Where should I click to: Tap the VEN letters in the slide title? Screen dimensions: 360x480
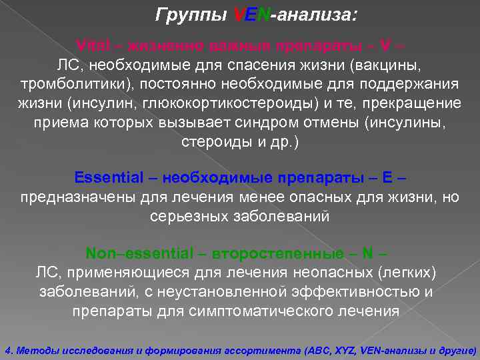(251, 13)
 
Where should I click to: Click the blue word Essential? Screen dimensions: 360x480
(109, 179)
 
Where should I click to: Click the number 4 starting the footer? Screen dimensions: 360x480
(7, 349)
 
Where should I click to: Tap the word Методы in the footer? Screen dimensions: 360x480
(33, 349)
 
